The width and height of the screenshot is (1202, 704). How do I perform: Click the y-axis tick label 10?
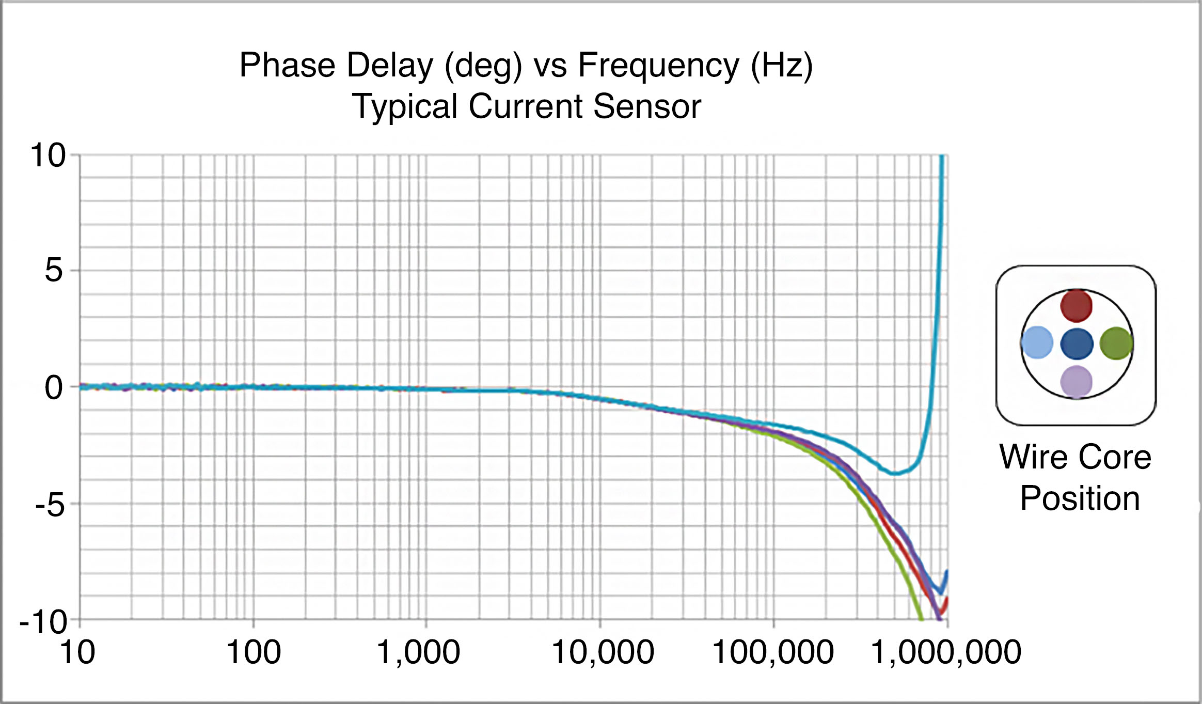tap(48, 155)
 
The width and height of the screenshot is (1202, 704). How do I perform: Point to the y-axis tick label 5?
tap(54, 270)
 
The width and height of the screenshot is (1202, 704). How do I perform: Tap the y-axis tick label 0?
tap(54, 387)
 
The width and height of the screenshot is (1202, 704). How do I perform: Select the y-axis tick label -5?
tap(50, 505)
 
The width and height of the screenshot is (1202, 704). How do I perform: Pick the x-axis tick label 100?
tap(254, 652)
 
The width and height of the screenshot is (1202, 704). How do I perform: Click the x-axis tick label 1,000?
tap(418, 652)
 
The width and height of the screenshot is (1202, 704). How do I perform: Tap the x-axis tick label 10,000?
tap(603, 652)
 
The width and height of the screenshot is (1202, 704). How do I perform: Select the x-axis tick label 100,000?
tap(773, 652)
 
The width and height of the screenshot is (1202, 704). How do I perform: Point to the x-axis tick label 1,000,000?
tap(946, 652)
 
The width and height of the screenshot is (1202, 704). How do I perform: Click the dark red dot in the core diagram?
tap(1076, 305)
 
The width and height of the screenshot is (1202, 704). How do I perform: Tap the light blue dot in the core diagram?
tap(1037, 342)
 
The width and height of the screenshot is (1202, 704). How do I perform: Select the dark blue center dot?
tap(1077, 343)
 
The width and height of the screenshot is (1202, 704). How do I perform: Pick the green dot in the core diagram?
tap(1116, 343)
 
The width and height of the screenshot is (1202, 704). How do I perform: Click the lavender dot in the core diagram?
tap(1076, 382)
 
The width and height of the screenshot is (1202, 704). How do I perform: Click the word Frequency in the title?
tap(658, 66)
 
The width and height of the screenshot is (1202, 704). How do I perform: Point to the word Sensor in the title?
tap(647, 106)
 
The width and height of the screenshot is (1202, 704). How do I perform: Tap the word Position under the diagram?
tap(1080, 498)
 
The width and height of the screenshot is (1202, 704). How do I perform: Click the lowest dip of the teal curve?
tap(896, 473)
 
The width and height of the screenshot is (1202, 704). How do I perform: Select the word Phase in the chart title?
tap(287, 66)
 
